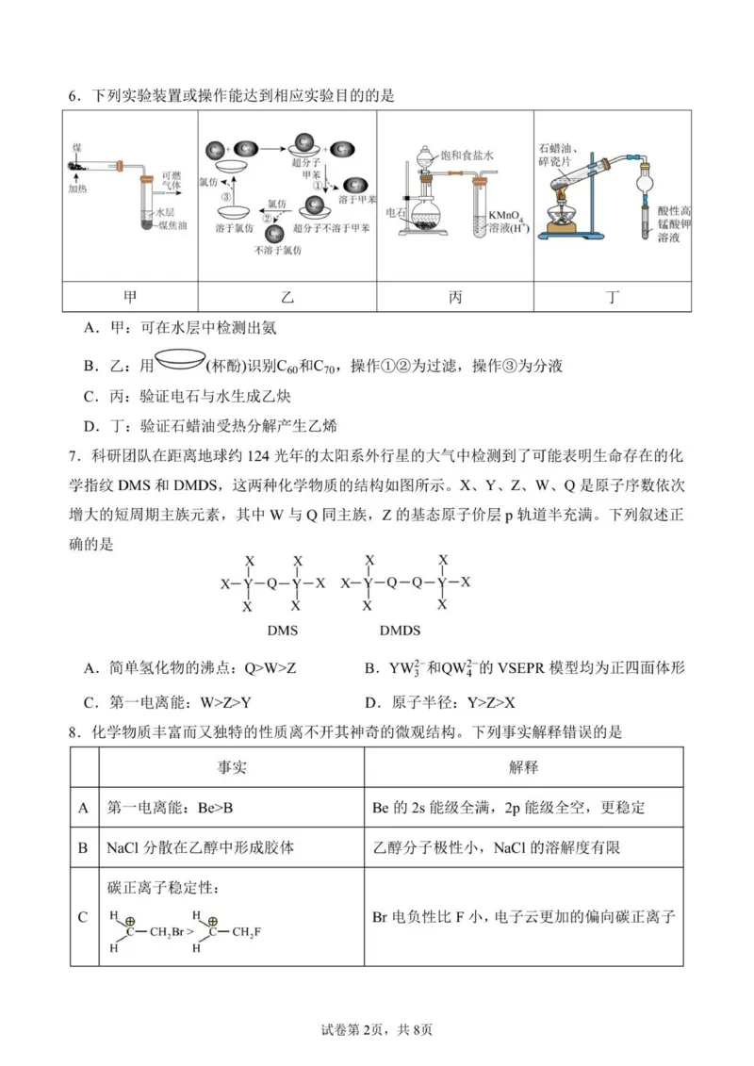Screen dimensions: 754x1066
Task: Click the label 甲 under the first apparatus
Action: click(130, 297)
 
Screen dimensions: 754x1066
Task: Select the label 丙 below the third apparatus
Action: click(455, 297)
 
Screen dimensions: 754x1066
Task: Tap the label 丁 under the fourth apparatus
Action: click(614, 297)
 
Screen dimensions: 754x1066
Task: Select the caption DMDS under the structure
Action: click(400, 631)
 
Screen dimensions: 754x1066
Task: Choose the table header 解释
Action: click(523, 767)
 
